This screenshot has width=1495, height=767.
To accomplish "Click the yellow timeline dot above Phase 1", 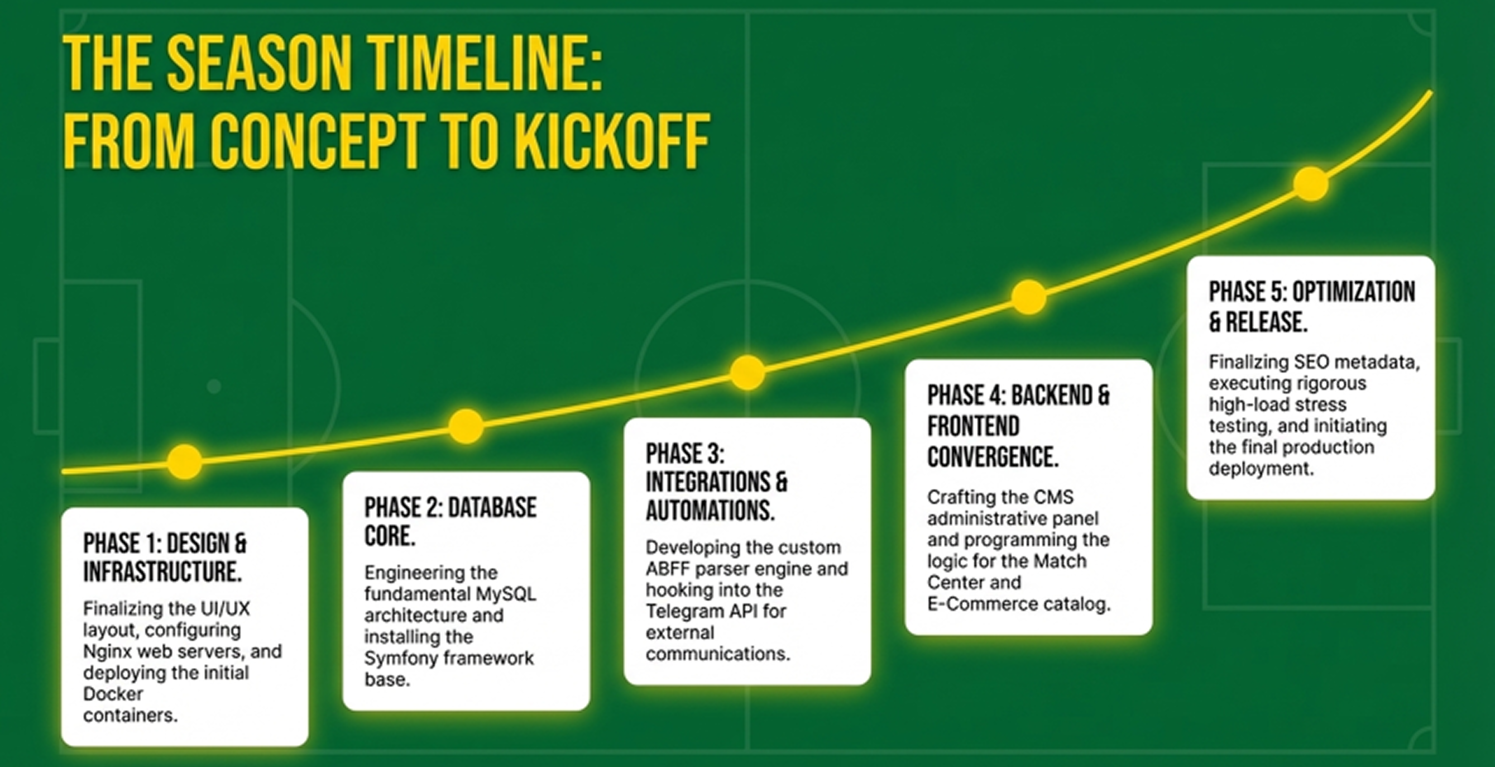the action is click(185, 461).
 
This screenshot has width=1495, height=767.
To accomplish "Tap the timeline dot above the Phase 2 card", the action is click(466, 426).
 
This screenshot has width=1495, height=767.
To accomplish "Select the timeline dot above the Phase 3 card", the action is click(747, 372).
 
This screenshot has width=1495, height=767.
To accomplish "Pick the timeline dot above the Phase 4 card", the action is click(1028, 297).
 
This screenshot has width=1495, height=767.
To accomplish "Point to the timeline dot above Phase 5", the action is click(1310, 183).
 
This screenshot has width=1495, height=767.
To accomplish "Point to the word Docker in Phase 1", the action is click(113, 694).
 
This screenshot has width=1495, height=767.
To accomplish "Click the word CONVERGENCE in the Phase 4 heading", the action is click(993, 457).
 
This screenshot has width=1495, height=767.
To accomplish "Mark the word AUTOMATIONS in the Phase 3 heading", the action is click(710, 511).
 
